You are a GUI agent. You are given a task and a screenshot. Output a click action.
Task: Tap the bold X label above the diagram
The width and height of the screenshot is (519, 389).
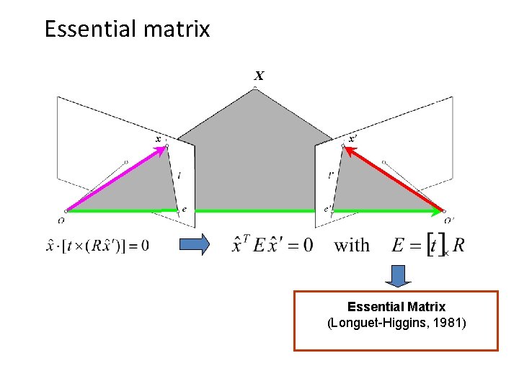tap(259, 76)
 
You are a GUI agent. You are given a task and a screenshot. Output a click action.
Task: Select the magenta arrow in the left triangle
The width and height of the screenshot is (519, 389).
tap(115, 178)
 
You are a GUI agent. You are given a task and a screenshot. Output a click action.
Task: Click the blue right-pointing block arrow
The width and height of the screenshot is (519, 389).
tap(193, 245)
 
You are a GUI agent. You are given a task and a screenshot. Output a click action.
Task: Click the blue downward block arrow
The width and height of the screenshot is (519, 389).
tap(396, 276)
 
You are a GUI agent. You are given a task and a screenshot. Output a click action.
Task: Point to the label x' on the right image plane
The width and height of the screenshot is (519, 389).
tap(352, 138)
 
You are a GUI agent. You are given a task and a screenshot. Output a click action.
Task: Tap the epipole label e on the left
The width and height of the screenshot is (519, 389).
tap(185, 209)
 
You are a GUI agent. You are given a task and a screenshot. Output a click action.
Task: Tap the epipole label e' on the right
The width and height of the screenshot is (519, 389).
tap(328, 209)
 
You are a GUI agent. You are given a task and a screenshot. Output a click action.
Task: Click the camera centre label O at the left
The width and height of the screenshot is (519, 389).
tap(63, 220)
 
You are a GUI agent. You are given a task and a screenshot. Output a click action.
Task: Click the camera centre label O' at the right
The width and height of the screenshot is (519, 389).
tap(449, 220)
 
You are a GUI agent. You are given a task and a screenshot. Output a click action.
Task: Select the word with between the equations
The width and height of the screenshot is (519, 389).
tap(352, 245)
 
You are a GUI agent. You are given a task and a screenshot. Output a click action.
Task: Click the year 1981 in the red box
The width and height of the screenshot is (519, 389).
tap(449, 323)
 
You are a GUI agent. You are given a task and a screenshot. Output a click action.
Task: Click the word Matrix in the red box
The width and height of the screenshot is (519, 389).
tap(422, 307)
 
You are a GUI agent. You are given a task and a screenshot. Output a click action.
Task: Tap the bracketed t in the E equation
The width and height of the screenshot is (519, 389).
tap(434, 245)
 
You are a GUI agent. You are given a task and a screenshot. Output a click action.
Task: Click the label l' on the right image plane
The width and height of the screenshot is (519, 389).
tap(331, 174)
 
